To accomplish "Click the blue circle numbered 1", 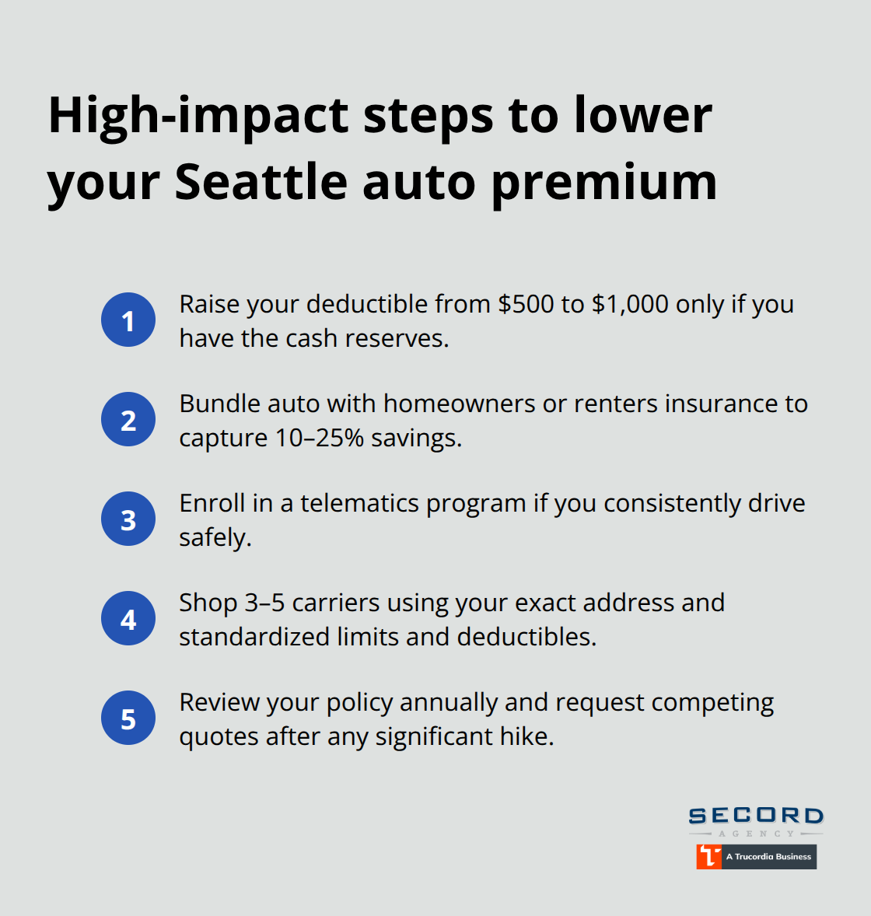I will [x=128, y=320].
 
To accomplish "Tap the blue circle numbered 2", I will [x=128, y=419].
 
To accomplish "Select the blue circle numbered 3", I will [x=128, y=519].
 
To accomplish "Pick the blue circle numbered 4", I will [x=128, y=618].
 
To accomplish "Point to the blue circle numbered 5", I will [x=128, y=718].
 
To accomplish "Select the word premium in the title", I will [x=604, y=184].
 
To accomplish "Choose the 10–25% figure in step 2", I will [x=320, y=438].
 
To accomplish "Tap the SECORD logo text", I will [x=756, y=816].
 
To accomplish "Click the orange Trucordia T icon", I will [x=708, y=856].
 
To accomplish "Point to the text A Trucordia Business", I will [x=768, y=856].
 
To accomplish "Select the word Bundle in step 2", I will [x=220, y=404].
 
